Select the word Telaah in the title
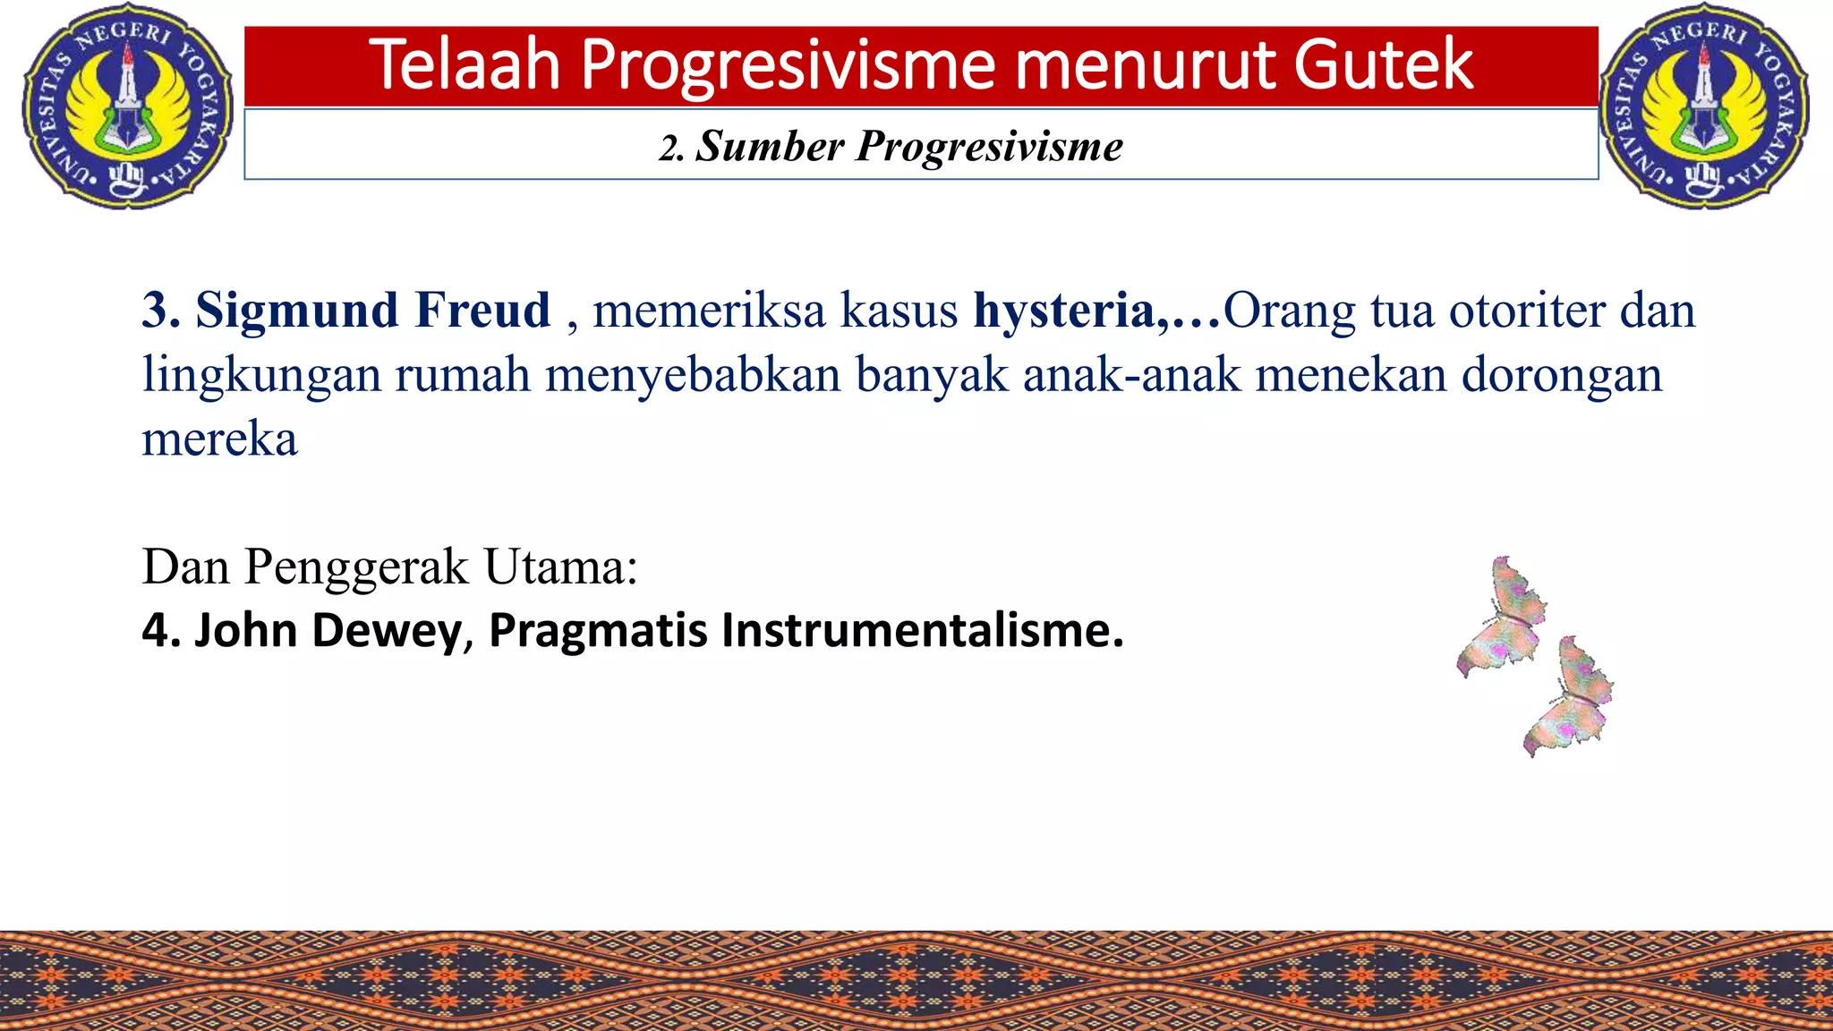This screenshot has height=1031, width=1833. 465,64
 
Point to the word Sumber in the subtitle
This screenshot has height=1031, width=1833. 770,146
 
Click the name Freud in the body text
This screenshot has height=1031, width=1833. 482,311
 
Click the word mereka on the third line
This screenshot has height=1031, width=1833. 219,439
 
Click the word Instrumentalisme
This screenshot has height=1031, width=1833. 922,630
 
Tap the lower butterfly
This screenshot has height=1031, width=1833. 1568,696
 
